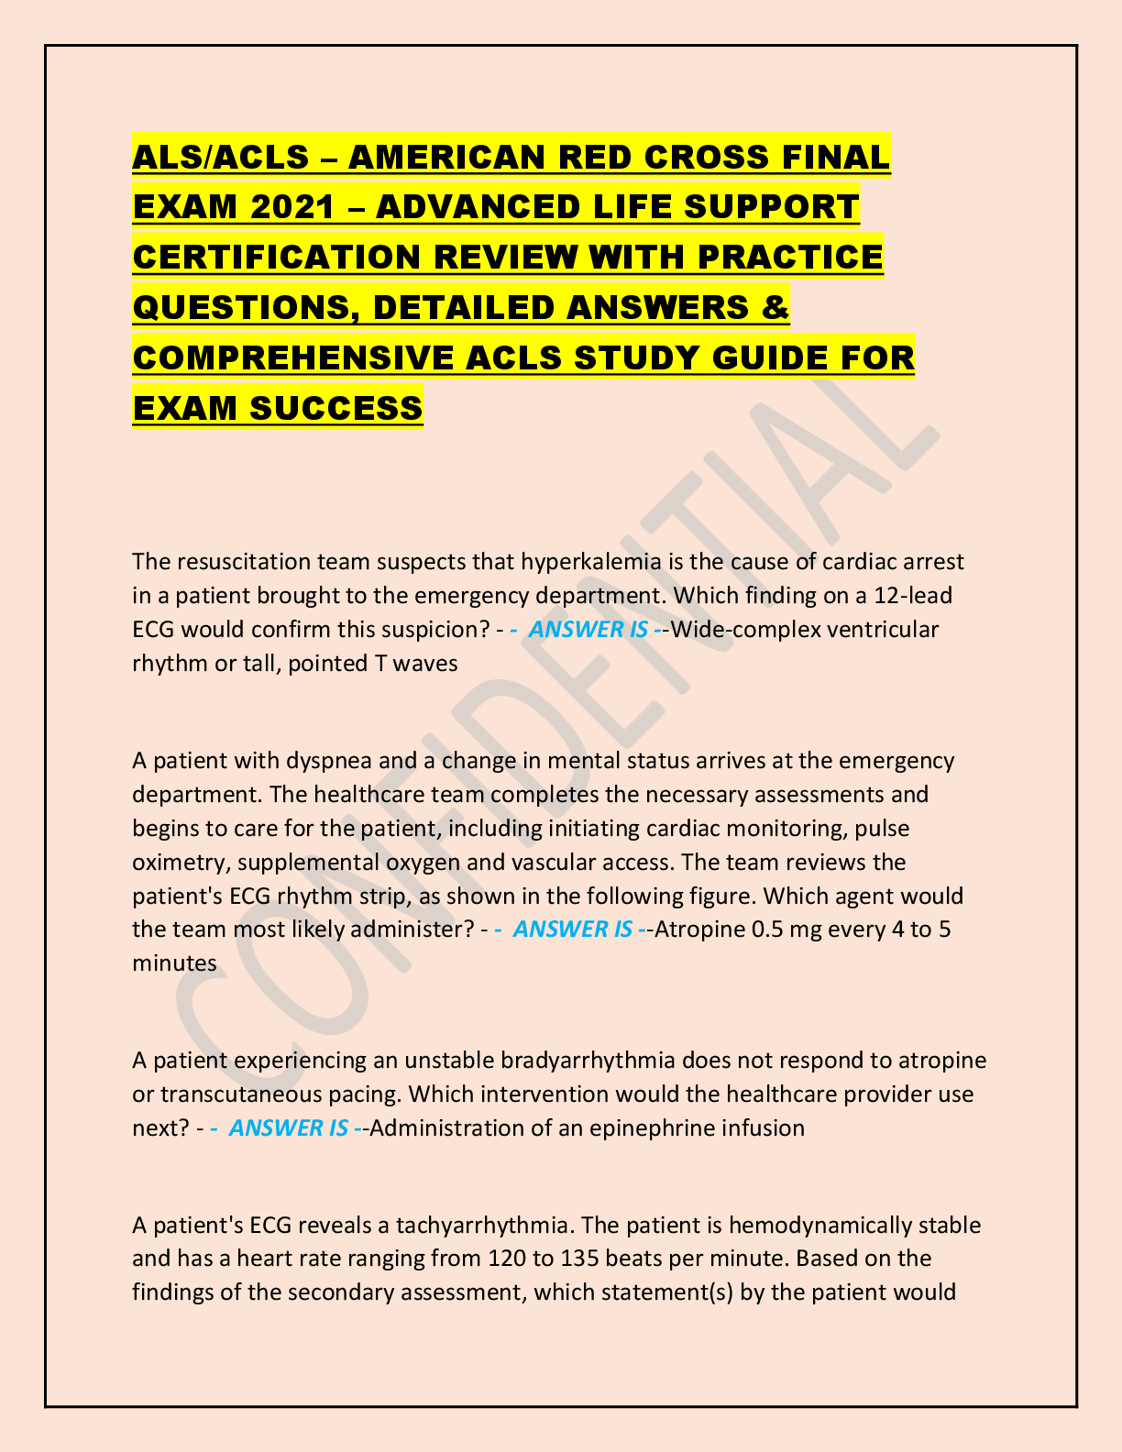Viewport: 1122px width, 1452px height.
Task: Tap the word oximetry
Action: (x=177, y=862)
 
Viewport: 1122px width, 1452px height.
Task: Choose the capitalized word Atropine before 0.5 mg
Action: (x=700, y=929)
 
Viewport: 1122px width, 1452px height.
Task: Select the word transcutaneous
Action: (x=243, y=1094)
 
